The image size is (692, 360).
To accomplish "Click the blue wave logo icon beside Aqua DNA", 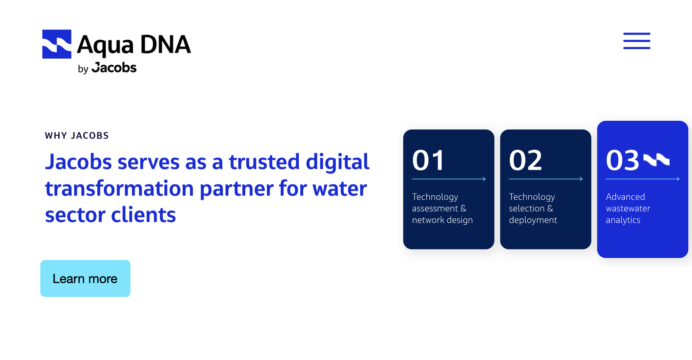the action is point(57,44).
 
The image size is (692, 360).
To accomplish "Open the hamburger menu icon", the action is point(637,41).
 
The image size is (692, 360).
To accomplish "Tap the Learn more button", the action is point(85,278).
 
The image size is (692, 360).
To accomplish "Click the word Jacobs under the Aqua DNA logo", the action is point(114,67).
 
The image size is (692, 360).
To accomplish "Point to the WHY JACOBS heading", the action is point(77,136).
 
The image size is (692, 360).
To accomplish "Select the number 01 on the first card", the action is point(428,160).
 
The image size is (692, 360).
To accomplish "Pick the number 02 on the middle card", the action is point(525,160).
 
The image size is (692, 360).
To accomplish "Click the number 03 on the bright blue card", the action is point(623,160).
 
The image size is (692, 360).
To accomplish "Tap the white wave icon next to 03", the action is point(656,160).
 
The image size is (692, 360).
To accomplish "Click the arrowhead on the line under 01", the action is point(484,179).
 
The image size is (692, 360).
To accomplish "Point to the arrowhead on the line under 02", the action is point(581,179).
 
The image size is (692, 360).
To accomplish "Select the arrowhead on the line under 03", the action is point(678,179).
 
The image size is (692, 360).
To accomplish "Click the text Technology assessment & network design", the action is point(442,208).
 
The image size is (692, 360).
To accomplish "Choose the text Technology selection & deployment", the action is point(533,208).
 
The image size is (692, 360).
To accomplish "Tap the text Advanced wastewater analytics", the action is point(628,208).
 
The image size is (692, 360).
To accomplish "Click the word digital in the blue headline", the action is point(338,162).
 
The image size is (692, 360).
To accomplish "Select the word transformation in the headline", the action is point(119,188).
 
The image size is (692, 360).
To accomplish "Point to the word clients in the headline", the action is point(143,215).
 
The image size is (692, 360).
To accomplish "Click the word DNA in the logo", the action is point(165,44).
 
